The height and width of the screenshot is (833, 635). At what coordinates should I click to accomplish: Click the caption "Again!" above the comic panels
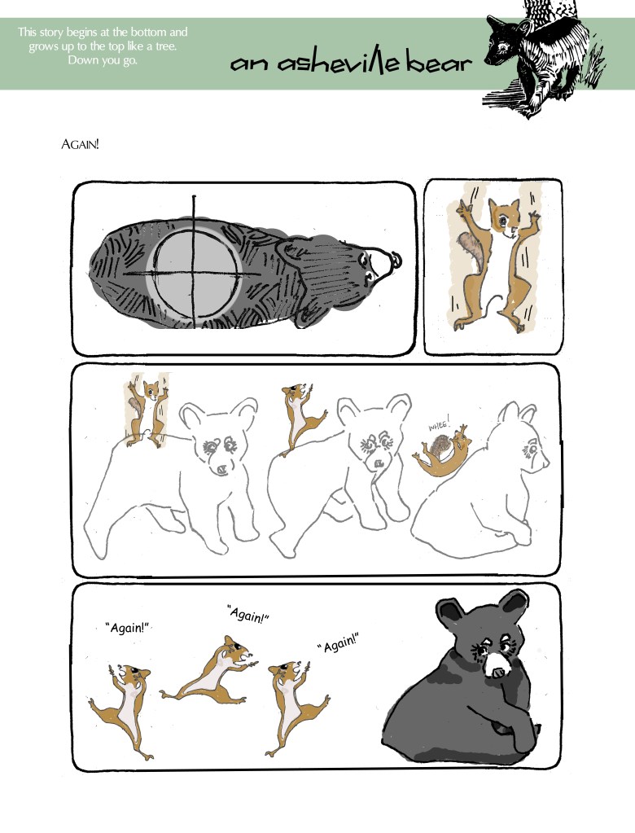80,144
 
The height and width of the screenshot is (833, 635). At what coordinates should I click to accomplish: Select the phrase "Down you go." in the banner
103,60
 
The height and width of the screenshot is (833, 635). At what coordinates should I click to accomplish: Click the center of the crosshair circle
194,274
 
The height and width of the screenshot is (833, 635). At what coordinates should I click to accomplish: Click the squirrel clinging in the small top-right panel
493,264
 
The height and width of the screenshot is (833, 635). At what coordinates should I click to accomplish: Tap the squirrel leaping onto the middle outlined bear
300,419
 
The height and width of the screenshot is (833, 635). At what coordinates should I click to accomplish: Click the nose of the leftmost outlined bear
221,470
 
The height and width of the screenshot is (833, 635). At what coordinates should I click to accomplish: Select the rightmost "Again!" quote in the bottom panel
339,643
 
